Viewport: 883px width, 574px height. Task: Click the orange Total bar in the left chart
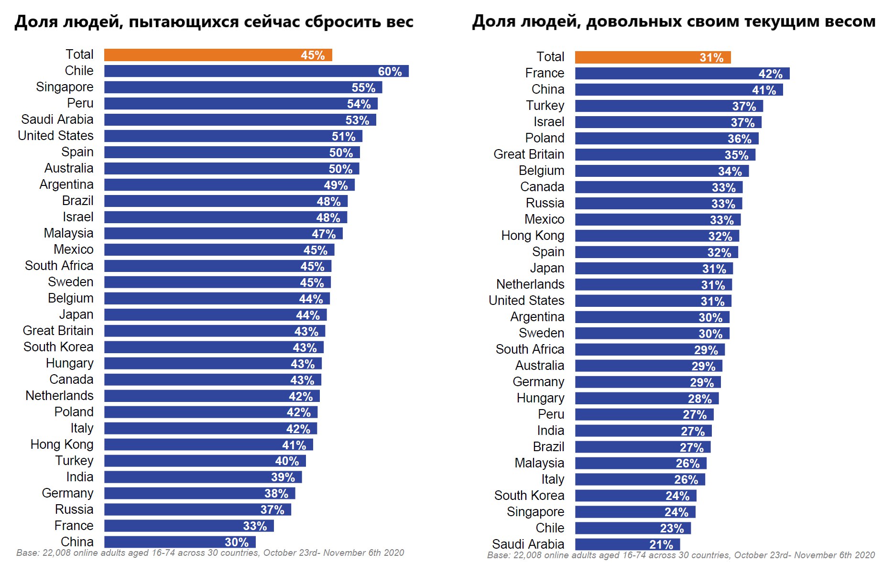(218, 55)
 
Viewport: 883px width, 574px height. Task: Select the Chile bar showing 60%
(256, 71)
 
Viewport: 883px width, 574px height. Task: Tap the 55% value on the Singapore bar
(363, 87)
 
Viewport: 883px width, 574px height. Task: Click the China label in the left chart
(77, 542)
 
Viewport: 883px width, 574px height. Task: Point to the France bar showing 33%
(189, 526)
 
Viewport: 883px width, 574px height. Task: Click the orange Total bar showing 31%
(653, 57)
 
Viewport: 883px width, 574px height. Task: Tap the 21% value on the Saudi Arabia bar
(661, 544)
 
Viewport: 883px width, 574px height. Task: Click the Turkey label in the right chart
(545, 106)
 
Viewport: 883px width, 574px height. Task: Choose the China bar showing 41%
(679, 90)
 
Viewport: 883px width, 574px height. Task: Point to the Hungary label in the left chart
(70, 363)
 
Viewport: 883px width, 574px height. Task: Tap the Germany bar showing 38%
(199, 493)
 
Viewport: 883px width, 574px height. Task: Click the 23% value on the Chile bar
(672, 528)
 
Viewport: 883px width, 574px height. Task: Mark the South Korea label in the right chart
(529, 496)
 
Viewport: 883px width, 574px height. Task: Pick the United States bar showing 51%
(233, 136)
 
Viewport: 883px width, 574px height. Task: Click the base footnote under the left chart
(210, 553)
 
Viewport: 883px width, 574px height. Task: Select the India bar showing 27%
(643, 431)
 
